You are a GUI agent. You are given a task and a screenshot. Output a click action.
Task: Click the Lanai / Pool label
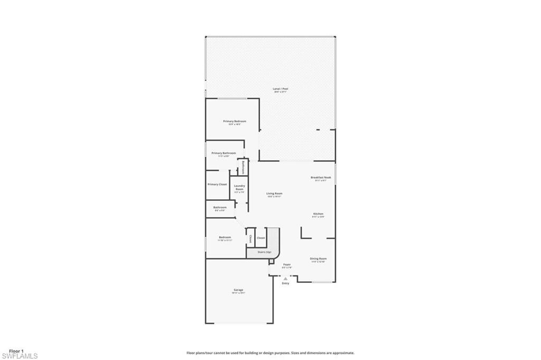[281, 89]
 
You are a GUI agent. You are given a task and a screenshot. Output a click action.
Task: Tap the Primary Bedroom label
[235, 122]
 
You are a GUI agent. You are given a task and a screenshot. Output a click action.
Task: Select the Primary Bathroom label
[223, 153]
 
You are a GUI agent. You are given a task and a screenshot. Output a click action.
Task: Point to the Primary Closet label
[217, 184]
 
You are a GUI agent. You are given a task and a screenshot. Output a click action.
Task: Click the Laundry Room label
[239, 187]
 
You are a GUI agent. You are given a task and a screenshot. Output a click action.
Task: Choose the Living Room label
[274, 194]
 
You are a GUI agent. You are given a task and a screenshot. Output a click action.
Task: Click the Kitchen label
[318, 214]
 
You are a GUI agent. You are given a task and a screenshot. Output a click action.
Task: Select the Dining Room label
[318, 259]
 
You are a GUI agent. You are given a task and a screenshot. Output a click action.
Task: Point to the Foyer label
[287, 264]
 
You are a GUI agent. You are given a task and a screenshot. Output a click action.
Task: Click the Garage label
[238, 290]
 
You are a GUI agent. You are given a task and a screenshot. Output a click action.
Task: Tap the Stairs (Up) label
[264, 252]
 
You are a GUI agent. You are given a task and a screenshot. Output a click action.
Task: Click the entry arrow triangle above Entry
[286, 278]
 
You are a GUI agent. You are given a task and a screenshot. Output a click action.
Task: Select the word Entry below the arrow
[286, 284]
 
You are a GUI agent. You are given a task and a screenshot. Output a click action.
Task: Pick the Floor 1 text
[16, 350]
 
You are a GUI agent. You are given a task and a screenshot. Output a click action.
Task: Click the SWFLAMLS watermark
[20, 356]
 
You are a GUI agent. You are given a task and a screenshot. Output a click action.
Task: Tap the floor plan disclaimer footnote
[270, 353]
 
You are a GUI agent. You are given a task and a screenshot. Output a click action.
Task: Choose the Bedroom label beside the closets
[225, 238]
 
